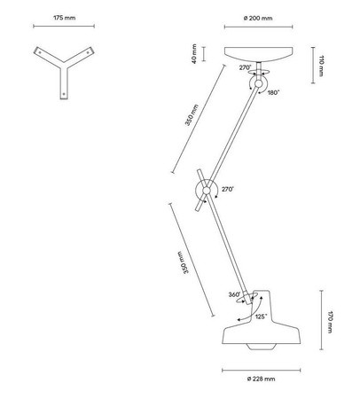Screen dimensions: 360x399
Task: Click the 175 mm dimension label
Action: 64,18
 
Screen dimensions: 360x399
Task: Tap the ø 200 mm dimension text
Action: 258,18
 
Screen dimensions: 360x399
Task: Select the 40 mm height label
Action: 194,54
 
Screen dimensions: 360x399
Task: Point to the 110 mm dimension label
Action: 321,66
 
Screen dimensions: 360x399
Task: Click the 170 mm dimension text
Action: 330,322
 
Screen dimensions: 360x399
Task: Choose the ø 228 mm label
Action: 261,379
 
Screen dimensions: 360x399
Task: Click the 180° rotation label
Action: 273,93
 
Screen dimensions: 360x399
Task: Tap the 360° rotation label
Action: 235,294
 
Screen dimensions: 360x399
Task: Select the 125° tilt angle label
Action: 262,317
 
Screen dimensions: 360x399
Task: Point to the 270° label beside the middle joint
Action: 228,189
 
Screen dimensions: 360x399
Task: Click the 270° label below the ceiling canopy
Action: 245,67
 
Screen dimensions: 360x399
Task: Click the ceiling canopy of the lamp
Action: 259,54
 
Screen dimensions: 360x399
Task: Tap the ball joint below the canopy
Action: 259,84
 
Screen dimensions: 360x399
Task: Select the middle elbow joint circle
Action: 207,190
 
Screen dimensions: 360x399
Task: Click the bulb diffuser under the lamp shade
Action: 259,347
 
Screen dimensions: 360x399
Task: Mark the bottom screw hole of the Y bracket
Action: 64,94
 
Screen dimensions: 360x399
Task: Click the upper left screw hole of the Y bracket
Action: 40,52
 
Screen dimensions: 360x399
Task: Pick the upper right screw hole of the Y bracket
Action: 88,52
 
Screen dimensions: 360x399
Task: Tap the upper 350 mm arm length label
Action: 192,115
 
